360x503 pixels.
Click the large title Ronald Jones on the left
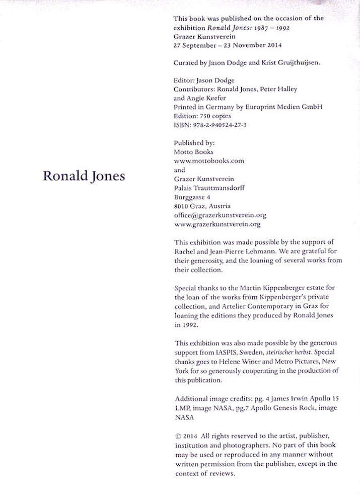tap(84, 177)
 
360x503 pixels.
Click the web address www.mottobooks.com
tap(209, 160)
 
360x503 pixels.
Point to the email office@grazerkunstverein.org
tap(220, 215)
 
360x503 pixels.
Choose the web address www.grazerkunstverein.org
tap(217, 224)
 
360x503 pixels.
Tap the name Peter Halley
tap(277, 89)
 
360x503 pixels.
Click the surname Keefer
tap(215, 98)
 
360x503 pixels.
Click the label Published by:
tap(194, 143)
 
